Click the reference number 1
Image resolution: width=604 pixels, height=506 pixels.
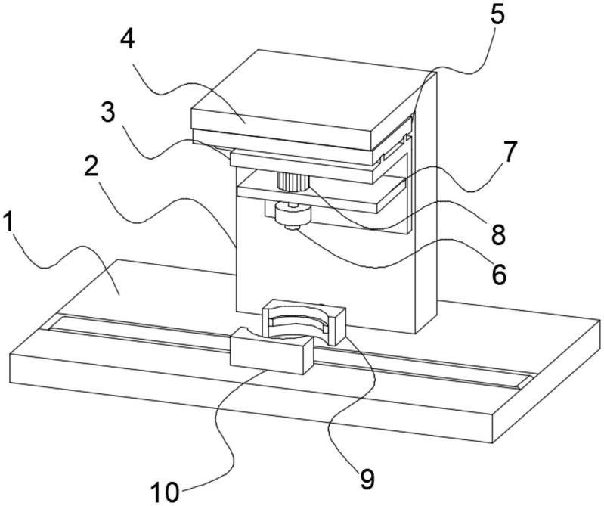click(11, 224)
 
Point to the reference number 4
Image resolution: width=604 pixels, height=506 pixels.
click(127, 39)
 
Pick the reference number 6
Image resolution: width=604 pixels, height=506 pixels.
click(498, 274)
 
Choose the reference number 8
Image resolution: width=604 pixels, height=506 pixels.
click(497, 234)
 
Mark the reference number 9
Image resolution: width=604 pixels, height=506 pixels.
click(366, 477)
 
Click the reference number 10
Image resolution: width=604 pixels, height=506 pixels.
click(165, 492)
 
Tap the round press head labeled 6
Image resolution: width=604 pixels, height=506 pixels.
click(293, 216)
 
